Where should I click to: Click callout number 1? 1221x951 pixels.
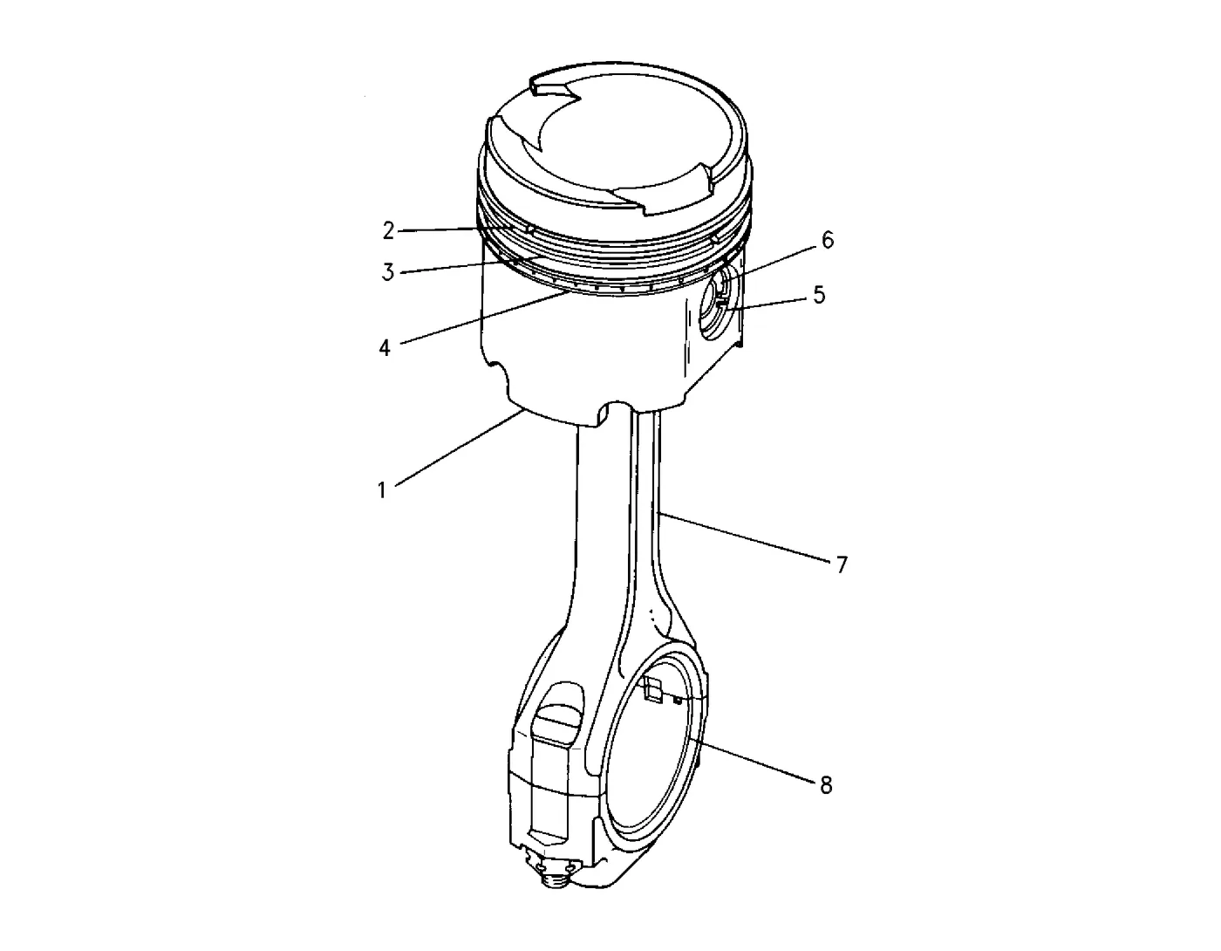click(382, 490)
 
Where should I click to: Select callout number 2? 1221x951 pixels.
click(388, 231)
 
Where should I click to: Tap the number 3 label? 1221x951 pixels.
click(388, 272)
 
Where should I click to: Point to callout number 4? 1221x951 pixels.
click(385, 348)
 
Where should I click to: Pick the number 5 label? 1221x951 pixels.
click(819, 295)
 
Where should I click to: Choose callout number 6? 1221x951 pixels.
click(828, 240)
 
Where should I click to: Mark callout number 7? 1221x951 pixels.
click(841, 564)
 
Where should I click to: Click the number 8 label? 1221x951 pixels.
click(825, 785)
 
